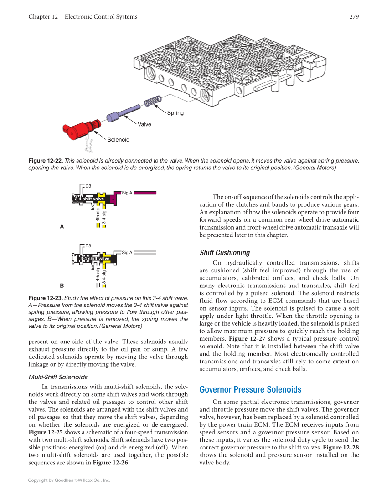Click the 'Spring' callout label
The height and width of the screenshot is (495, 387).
(175, 113)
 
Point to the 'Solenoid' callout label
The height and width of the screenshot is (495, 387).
(118, 140)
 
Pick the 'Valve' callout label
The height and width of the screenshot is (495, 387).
(144, 124)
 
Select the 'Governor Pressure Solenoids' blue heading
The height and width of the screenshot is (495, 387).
(250, 389)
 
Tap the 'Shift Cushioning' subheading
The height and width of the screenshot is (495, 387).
(225, 253)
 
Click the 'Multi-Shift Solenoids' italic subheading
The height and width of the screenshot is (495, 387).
(58, 377)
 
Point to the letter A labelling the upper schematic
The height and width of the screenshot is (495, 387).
(62, 226)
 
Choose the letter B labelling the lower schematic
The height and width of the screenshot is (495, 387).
(62, 286)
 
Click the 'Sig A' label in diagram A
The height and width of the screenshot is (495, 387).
(127, 193)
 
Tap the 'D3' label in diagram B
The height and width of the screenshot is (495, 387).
(88, 246)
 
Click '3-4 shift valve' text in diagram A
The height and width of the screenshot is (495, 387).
(90, 199)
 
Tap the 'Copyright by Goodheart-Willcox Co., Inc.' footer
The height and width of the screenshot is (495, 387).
(69, 480)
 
